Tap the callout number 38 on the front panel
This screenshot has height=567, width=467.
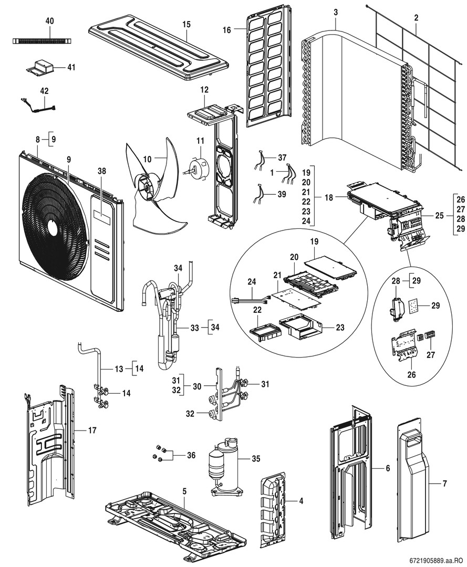point(101,171)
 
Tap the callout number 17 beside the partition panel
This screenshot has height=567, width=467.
point(92,431)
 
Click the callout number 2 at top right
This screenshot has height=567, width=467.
point(416,18)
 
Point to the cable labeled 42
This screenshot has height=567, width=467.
point(37,106)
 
